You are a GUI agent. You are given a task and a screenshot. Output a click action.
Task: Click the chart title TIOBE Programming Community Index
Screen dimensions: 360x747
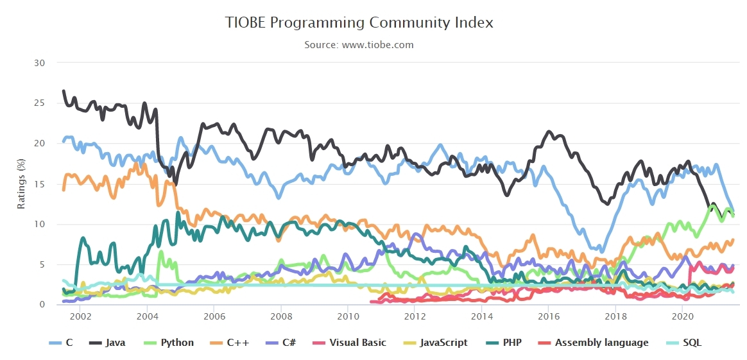pos(359,22)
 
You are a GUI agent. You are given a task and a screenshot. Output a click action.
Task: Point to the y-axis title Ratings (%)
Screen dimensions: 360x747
pos(21,184)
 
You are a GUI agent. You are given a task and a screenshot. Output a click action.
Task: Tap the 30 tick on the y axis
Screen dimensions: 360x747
pos(40,63)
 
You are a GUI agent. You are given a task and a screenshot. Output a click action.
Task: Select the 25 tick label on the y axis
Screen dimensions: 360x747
pos(40,103)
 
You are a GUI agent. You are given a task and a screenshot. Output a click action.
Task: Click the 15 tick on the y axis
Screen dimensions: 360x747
pos(40,184)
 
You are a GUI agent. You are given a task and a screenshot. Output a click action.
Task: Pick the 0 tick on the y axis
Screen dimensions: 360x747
pos(42,305)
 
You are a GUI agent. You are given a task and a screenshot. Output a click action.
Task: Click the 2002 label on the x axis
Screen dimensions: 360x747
pos(80,316)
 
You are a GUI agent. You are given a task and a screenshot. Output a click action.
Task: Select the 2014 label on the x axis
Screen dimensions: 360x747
pos(481,316)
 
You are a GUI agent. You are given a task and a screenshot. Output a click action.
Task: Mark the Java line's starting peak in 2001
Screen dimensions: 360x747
pos(63,91)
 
